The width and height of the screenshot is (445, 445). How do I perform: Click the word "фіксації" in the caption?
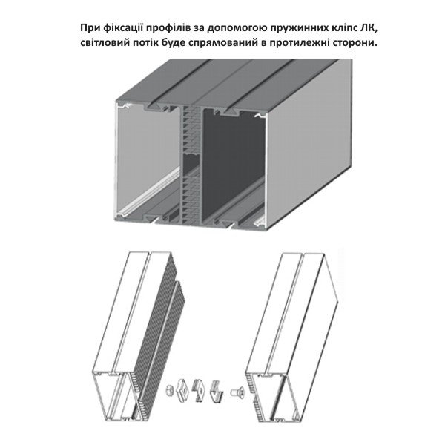[x=120, y=28]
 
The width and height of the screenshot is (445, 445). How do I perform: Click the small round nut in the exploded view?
[x=169, y=390]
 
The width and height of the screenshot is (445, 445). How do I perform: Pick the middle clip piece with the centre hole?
[x=200, y=391]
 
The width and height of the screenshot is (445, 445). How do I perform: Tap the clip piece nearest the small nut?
[x=183, y=389]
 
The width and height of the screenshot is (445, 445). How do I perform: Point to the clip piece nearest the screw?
[x=217, y=389]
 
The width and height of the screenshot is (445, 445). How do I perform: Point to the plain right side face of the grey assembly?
[x=309, y=142]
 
